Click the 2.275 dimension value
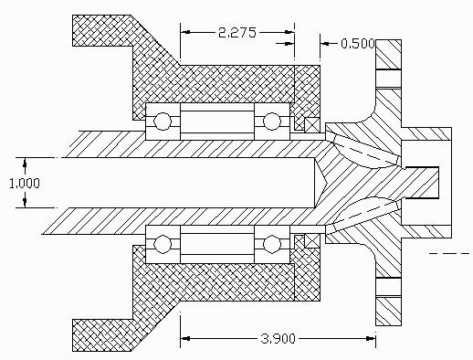coord(237,32)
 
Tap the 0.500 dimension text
coord(358,44)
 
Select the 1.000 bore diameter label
coord(25,184)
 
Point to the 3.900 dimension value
coord(278,338)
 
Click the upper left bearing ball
coord(163,122)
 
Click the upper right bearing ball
coord(271,122)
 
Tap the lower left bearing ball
coord(163,244)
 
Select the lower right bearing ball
coord(271,244)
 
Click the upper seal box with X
coord(312,124)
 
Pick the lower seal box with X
coord(312,241)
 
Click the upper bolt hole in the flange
coord(389,79)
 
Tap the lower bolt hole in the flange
coord(389,287)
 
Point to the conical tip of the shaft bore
coord(326,183)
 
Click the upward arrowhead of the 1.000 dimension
coord(25,163)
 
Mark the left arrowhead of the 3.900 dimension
coord(185,338)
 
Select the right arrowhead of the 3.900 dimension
coord(371,338)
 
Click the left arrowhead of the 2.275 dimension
coord(185,32)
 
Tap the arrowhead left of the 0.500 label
coord(325,44)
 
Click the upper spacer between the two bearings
coord(217,122)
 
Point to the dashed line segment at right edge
coord(449,253)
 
